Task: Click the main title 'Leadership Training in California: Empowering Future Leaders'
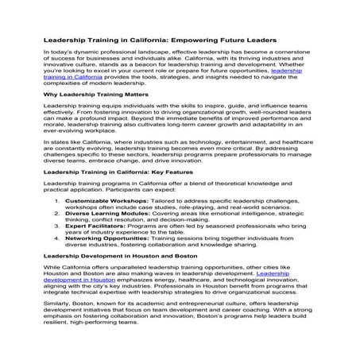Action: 159,39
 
